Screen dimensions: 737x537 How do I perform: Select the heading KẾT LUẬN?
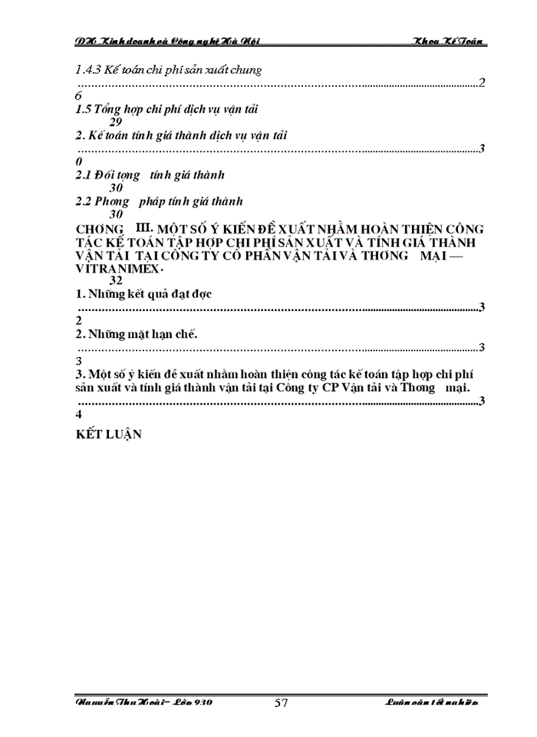pyautogui.click(x=110, y=433)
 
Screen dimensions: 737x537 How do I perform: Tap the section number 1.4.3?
pyautogui.click(x=91, y=70)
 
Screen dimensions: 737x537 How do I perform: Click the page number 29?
pyautogui.click(x=116, y=122)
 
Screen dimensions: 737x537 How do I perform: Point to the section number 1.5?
pyautogui.click(x=84, y=109)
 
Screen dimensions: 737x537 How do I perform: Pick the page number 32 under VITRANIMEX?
pyautogui.click(x=116, y=281)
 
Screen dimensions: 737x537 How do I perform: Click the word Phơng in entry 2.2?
pyautogui.click(x=114, y=201)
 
